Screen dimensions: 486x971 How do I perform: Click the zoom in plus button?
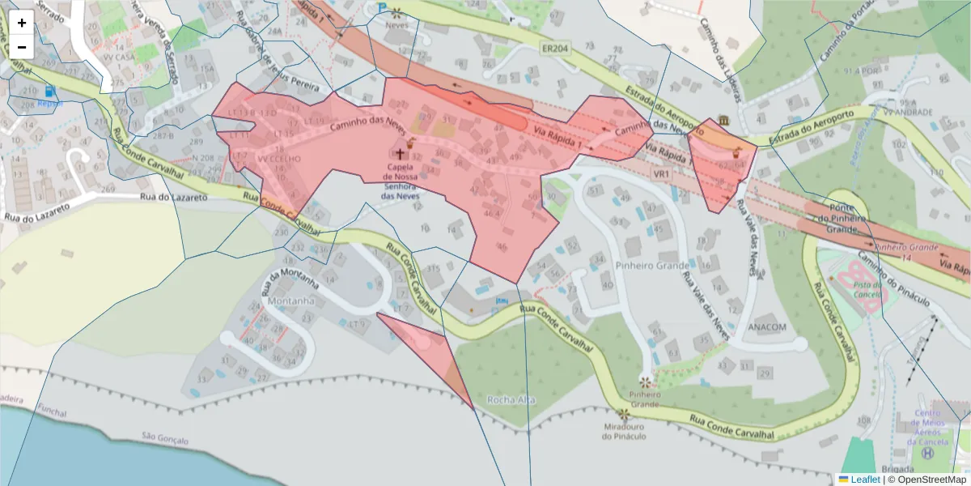[x=22, y=23]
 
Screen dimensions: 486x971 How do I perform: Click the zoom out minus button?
[x=22, y=47]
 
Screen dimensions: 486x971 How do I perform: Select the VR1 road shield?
[x=662, y=174]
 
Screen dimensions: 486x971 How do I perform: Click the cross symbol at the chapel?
[x=400, y=153]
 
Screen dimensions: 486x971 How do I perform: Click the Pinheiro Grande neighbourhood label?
[x=652, y=266]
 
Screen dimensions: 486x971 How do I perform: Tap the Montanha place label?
[x=289, y=301]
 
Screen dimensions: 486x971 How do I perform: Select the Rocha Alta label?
[x=511, y=399]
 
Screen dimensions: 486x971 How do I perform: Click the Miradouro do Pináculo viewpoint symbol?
[x=624, y=414]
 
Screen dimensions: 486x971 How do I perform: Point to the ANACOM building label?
[x=767, y=327]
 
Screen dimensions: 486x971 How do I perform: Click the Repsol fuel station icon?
[x=51, y=92]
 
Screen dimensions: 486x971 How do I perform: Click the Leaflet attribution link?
[x=864, y=479]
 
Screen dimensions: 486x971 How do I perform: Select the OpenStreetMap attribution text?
[x=931, y=479]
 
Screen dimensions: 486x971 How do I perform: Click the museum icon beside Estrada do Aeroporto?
[x=721, y=121]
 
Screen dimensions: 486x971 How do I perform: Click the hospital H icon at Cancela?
[x=926, y=454]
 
